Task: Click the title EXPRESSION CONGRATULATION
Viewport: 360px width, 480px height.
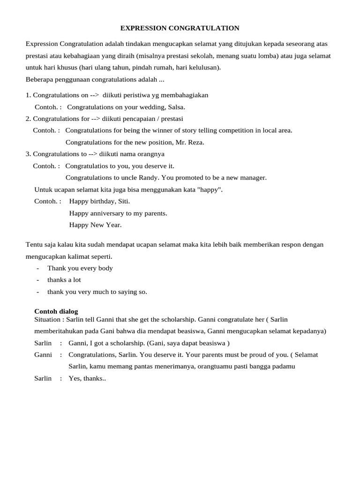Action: pos(180,28)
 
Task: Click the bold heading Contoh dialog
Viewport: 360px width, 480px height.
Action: pos(56,311)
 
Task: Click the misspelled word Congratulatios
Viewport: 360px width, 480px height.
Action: pos(87,166)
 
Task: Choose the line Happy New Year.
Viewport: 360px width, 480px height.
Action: pos(95,225)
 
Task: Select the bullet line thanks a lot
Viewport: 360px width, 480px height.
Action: pos(64,280)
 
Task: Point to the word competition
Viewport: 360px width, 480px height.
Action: pos(232,130)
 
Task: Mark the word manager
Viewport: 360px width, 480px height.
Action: pos(253,178)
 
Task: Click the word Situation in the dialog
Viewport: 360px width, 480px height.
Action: pos(48,319)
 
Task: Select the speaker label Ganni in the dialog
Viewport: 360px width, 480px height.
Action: pos(43,355)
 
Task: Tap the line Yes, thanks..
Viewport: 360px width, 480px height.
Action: pos(87,378)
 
